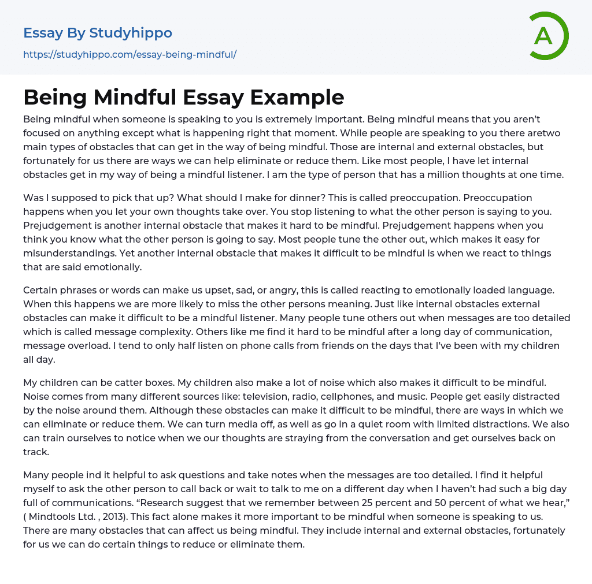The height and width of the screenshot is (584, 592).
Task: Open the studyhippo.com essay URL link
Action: [x=129, y=54]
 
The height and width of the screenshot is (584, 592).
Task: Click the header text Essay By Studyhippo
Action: [x=98, y=33]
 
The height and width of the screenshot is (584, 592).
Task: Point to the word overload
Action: [x=83, y=345]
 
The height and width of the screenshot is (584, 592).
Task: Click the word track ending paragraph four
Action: [x=36, y=452]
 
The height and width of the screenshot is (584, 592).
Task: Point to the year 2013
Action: [x=113, y=516]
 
